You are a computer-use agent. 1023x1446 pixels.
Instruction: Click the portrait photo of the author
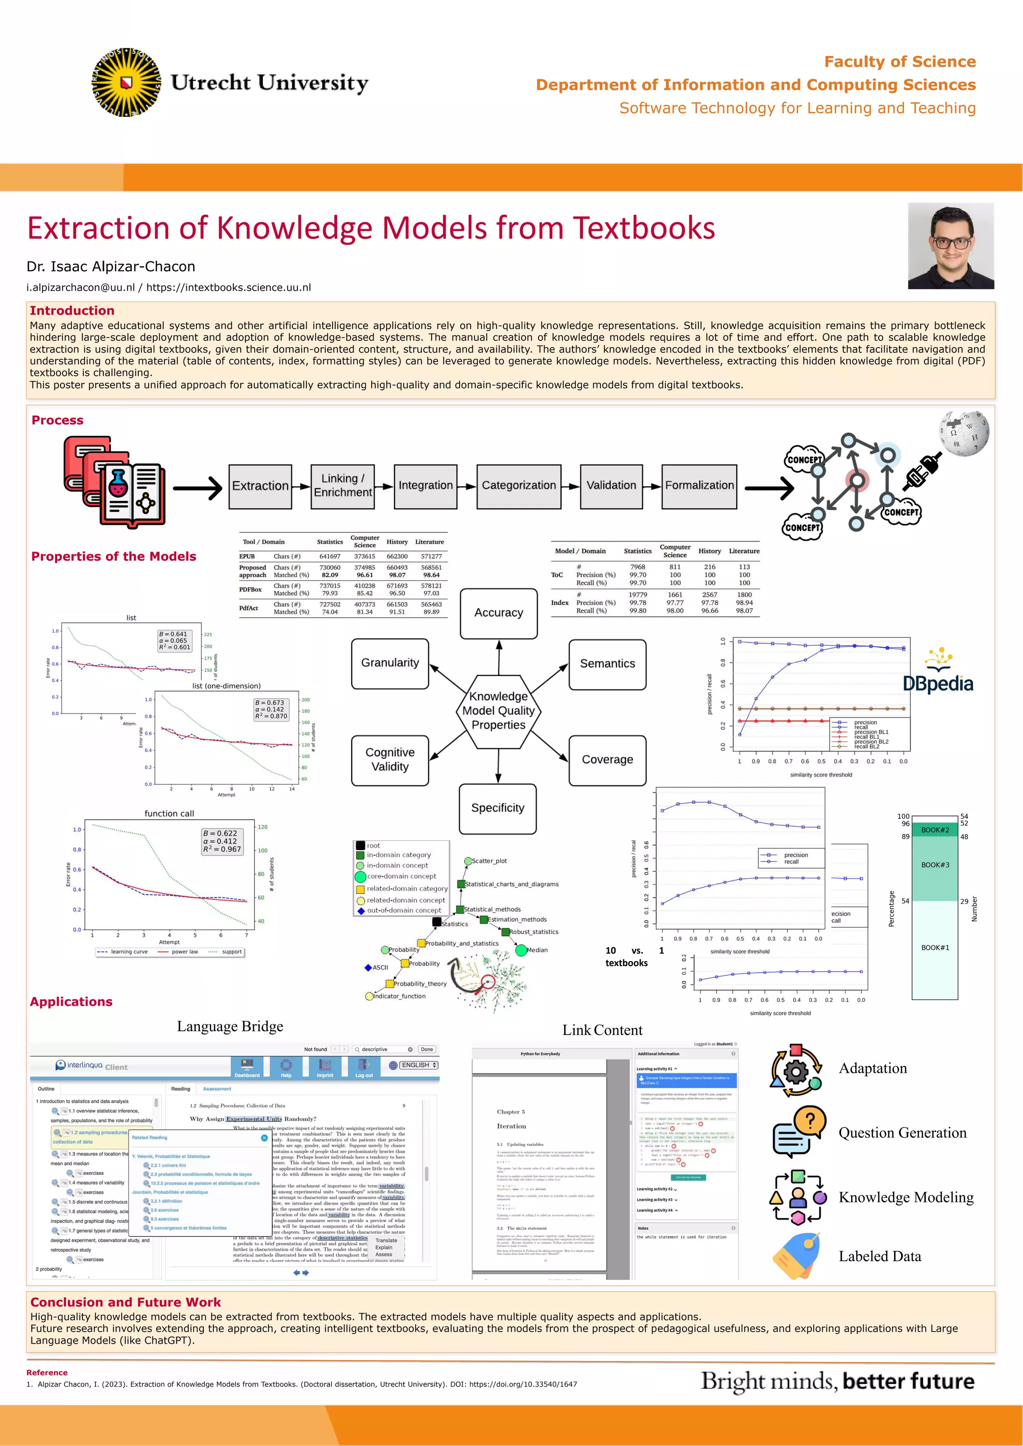point(951,246)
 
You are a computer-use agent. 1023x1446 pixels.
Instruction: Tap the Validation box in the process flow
point(611,485)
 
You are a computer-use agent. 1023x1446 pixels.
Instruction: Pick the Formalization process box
point(699,485)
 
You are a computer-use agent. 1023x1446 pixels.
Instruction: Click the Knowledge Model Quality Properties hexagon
point(499,711)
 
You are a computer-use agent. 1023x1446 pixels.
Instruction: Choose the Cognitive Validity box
point(390,759)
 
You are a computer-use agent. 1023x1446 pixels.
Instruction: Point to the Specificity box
point(498,808)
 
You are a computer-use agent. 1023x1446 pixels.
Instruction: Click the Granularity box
point(390,663)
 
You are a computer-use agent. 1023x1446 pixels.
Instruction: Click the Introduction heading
point(72,311)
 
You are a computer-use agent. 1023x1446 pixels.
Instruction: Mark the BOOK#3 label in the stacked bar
point(935,865)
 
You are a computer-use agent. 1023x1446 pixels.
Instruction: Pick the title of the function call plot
point(169,814)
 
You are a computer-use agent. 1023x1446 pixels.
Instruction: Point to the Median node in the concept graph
point(521,950)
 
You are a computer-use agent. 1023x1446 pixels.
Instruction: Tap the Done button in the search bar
point(427,1049)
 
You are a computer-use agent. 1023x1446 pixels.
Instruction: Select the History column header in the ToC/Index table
point(709,551)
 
